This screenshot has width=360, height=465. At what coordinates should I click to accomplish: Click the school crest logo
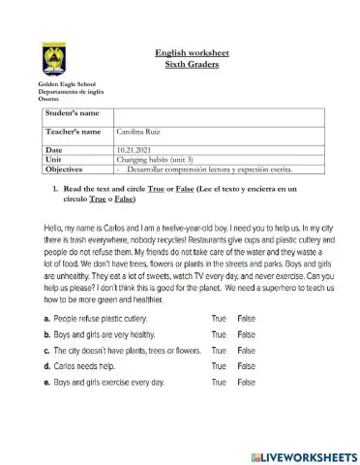pos(55,60)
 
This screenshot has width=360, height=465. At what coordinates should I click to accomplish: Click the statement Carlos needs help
pos(91,366)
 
